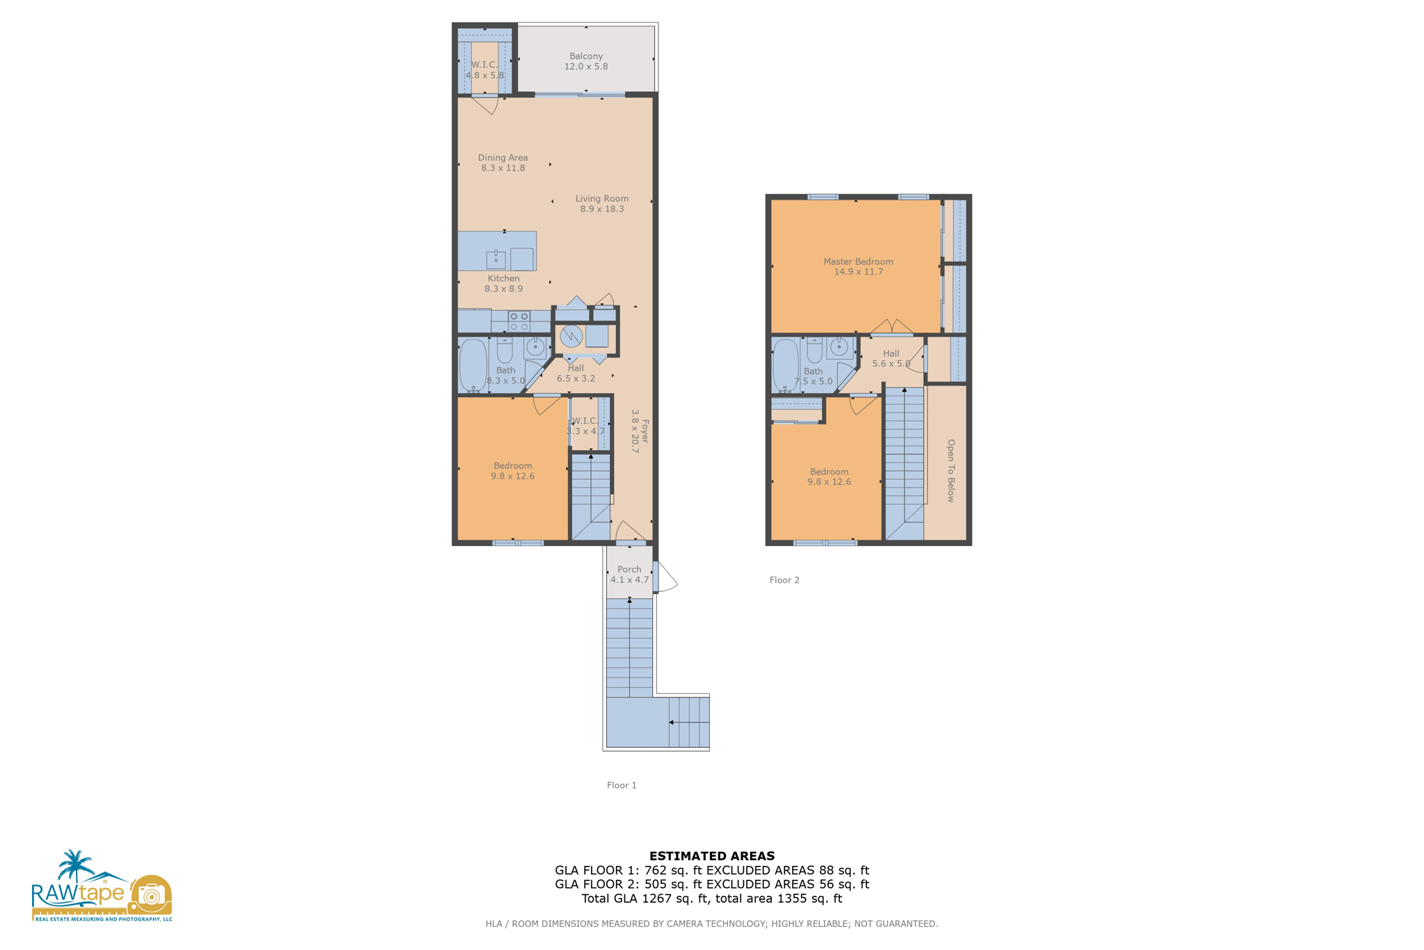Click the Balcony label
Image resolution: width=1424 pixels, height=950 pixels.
(585, 56)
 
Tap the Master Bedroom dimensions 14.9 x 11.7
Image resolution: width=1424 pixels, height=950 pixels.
(858, 272)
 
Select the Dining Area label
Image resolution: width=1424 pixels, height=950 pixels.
(503, 158)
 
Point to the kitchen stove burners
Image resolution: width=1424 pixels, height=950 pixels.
(519, 321)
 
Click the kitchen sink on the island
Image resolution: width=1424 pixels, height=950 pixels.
(496, 259)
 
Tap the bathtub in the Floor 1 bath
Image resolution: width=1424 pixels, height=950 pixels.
(474, 365)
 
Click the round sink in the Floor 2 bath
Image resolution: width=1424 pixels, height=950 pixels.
(839, 346)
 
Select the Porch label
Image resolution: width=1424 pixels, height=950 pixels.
(629, 569)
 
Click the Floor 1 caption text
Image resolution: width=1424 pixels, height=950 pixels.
(622, 785)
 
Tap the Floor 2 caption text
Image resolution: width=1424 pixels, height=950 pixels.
(784, 580)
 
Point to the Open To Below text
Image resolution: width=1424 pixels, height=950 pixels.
(950, 470)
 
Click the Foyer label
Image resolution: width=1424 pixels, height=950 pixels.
(645, 431)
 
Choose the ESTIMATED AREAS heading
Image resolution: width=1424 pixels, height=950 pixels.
(711, 856)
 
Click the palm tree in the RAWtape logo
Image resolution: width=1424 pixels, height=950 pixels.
(75, 865)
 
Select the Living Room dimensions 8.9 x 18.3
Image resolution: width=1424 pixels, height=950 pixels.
(601, 209)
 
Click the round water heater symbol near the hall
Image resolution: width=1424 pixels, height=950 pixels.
(571, 337)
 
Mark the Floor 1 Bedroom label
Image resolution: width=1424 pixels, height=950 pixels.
(512, 466)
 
